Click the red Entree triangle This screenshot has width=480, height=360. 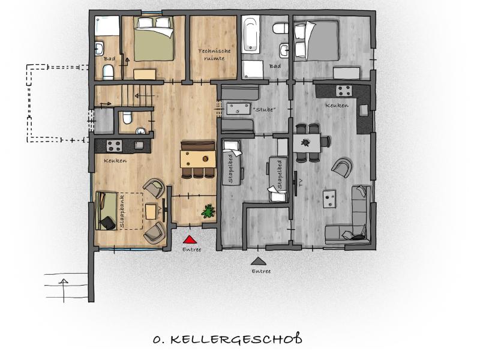pos(190,239)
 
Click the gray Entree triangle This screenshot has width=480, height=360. pos(259,261)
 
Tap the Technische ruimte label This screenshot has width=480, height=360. pos(214,55)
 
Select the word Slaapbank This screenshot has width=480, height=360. pos(122,211)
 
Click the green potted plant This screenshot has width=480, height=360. pos(208,211)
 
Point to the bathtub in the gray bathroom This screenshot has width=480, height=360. pos(250,34)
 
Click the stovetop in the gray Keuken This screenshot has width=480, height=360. pos(344,91)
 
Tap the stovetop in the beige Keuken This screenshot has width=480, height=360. pos(114,146)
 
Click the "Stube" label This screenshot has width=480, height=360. pos(265,109)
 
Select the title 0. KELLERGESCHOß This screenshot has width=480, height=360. pos(227,339)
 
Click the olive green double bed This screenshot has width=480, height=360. pos(154,38)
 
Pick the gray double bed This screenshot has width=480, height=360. pos(317,40)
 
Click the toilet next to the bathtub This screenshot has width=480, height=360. pos(280,28)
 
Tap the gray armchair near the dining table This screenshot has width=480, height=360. pos(341,167)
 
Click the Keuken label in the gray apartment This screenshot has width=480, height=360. pos(337,105)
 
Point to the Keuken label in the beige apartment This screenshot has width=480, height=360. pos(115,160)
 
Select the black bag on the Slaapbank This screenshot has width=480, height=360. pos(108,223)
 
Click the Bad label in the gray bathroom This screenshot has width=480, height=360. pos(275,66)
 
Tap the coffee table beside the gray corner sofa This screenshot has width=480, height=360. pos(329,199)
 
